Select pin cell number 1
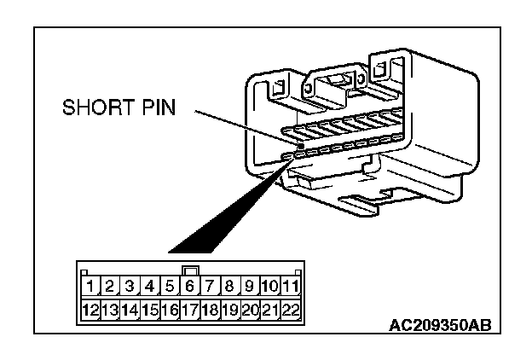90,287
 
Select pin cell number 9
251,287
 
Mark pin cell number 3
130,287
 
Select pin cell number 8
230,287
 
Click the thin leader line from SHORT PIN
247,131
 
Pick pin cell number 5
170,287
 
